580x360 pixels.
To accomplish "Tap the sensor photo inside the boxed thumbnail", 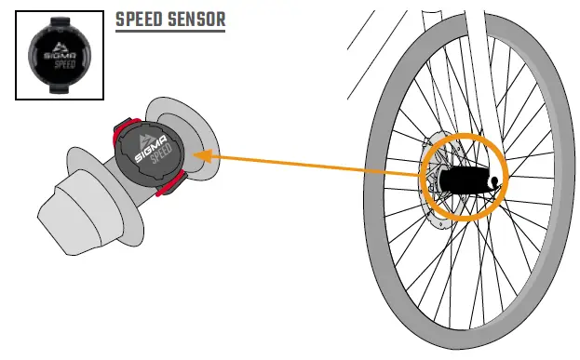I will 59,55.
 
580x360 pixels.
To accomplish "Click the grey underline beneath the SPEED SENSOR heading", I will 169,32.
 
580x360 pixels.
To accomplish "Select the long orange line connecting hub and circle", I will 317,165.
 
